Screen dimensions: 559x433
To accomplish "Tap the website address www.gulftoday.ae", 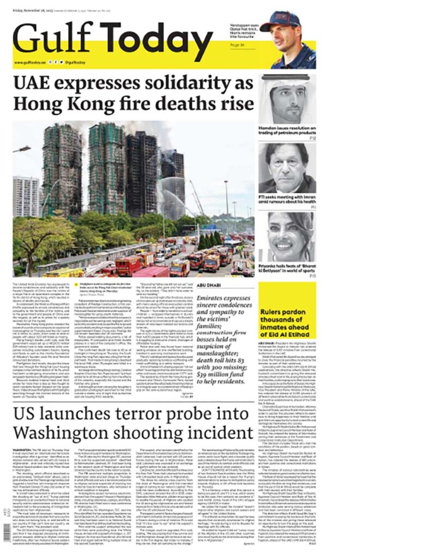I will tap(29, 63).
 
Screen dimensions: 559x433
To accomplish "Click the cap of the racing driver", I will tap(279, 21).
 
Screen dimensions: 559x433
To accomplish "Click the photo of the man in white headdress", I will tap(287, 99).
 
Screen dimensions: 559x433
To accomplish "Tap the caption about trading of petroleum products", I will tap(287, 133).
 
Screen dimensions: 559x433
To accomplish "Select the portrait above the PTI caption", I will tap(287, 169).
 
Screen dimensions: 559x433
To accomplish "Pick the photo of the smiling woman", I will tap(287, 237).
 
